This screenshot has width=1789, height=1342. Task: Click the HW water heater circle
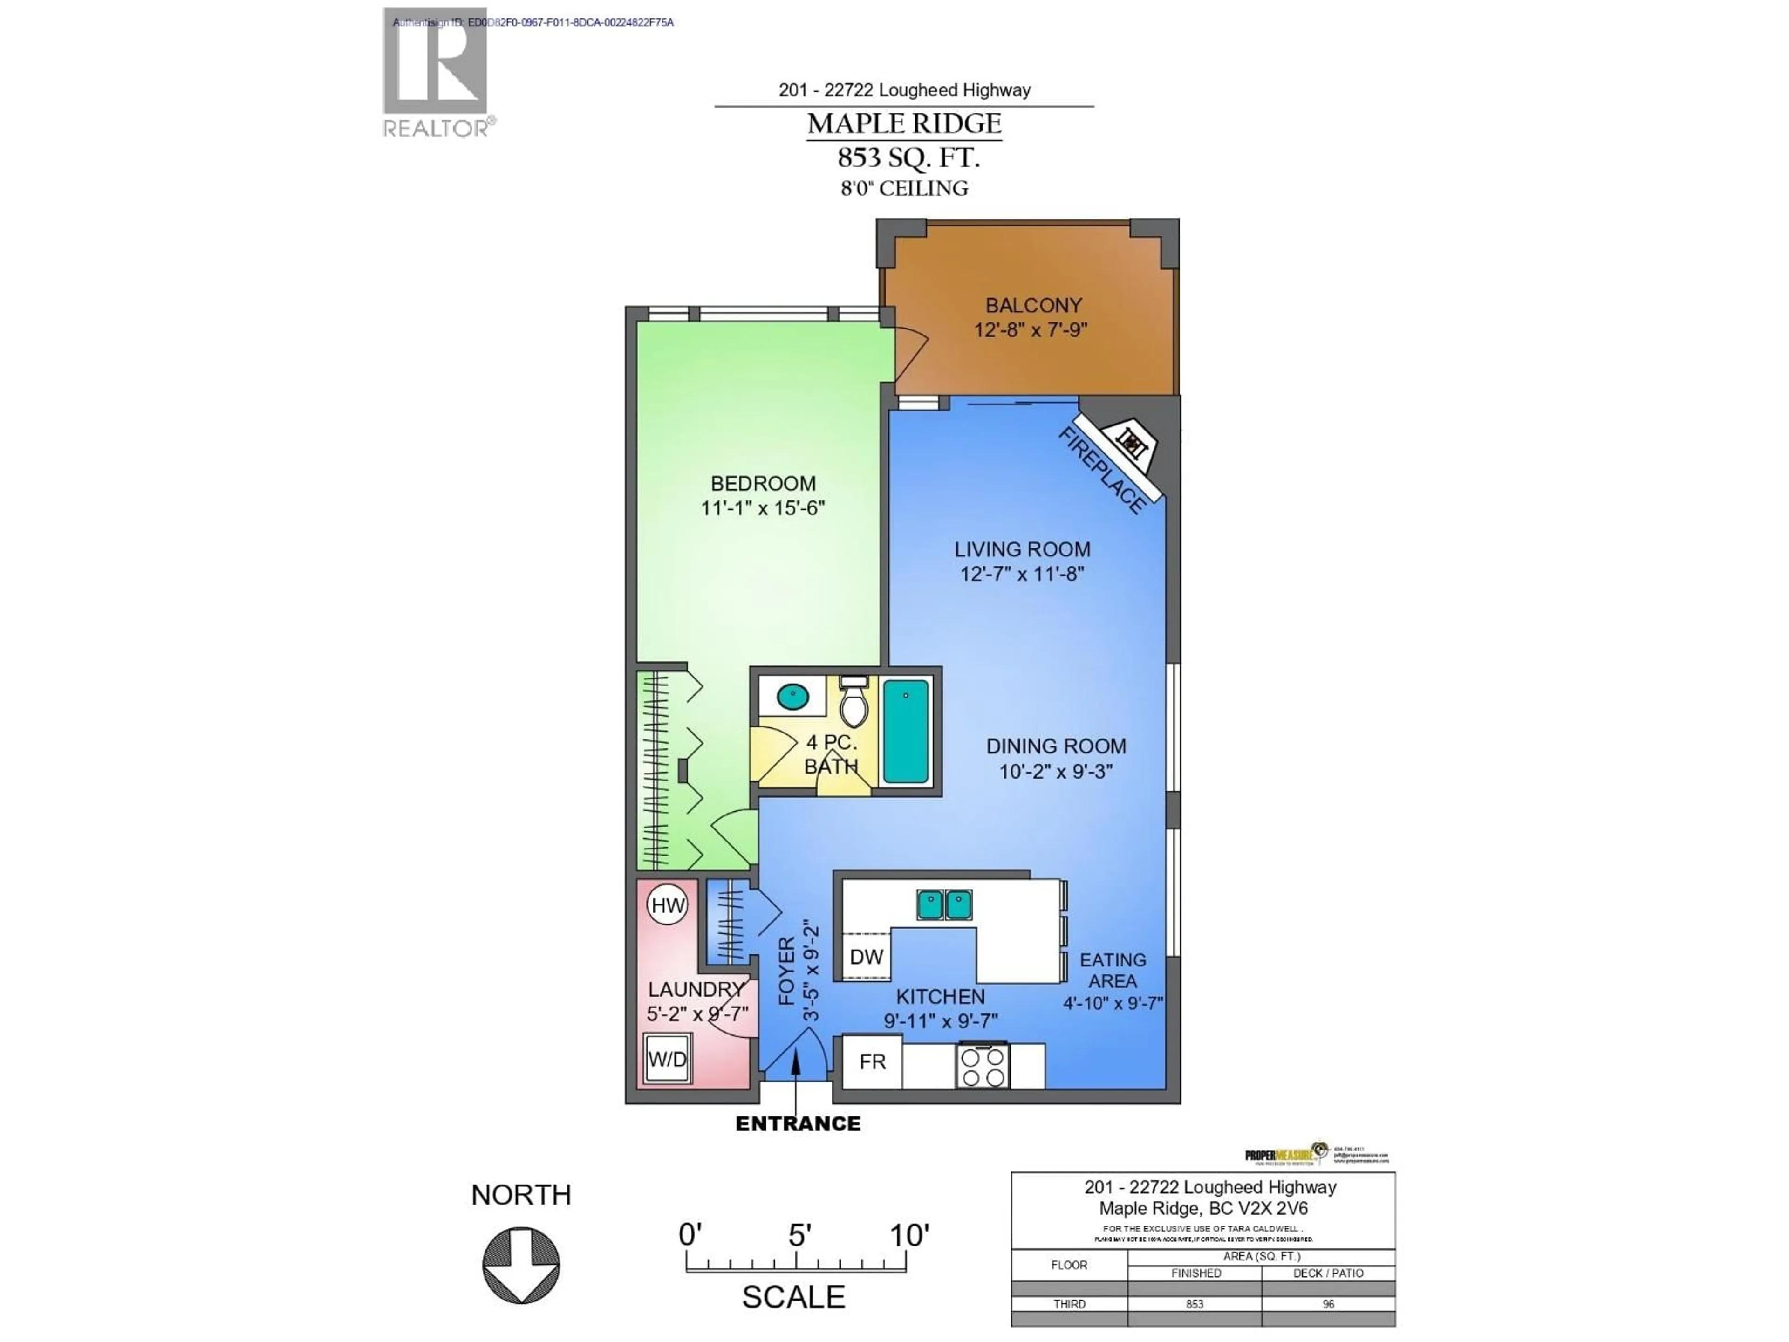(667, 905)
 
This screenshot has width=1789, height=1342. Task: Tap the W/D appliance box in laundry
(667, 1059)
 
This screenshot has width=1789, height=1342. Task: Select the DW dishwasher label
(866, 957)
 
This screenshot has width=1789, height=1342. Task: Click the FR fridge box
(872, 1062)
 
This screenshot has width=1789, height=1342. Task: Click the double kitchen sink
(944, 904)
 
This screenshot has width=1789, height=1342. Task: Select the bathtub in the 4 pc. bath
(905, 731)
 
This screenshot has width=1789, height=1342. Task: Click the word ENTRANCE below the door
(798, 1123)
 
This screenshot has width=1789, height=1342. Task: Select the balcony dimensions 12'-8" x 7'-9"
(1031, 330)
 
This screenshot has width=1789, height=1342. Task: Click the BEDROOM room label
(763, 484)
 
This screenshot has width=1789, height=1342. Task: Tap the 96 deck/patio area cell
(1328, 1304)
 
